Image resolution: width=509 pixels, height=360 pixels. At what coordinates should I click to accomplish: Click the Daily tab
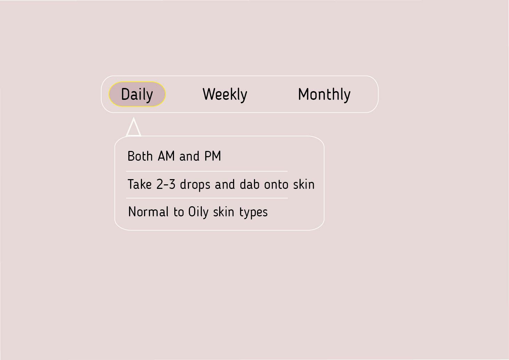[137, 94]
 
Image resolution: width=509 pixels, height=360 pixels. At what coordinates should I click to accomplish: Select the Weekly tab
[225, 94]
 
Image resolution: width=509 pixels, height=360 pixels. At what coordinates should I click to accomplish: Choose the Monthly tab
[324, 94]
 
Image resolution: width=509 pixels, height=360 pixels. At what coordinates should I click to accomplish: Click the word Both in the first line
[140, 156]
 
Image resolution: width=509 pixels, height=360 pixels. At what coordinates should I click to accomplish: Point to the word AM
[166, 156]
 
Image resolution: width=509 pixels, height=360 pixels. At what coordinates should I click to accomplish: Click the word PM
[213, 156]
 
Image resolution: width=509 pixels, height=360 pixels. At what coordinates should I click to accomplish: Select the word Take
[140, 184]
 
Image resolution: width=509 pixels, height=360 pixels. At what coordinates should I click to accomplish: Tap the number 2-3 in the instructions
[166, 184]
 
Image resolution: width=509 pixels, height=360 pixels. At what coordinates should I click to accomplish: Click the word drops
[195, 185]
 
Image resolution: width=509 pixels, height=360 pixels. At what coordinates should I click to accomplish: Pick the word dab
[249, 184]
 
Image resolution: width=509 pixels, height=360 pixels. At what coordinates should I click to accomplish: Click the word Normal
[148, 212]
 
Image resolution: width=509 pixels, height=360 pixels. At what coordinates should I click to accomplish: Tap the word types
[253, 213]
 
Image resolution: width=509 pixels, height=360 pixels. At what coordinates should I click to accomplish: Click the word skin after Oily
[224, 212]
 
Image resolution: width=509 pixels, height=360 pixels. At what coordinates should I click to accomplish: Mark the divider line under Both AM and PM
[207, 171]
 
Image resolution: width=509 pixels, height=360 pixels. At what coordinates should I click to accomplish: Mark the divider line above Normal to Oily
[207, 198]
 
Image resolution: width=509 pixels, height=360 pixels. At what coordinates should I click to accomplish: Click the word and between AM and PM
[189, 156]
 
